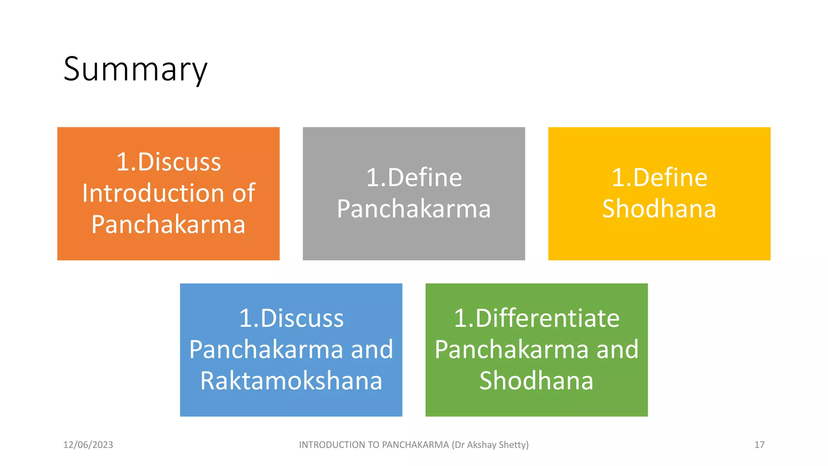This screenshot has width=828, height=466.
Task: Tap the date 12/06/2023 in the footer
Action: pos(88,445)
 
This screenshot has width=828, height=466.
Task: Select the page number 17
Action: pos(759,445)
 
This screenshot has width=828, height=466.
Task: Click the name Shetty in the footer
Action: pos(513,445)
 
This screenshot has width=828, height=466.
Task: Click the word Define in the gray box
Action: pos(425,178)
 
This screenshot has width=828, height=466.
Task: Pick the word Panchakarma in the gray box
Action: pos(414,209)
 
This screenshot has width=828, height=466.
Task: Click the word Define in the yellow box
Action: pos(670,178)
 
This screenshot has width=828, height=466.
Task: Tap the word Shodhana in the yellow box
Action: pos(659,209)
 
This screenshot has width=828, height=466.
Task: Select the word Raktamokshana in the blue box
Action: pos(291,381)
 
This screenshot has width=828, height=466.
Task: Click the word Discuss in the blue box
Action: pos(302,318)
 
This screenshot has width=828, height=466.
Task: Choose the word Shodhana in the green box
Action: pos(537,381)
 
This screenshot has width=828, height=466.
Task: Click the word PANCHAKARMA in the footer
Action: pos(415,445)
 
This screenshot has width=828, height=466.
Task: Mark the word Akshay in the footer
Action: pos(482,445)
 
